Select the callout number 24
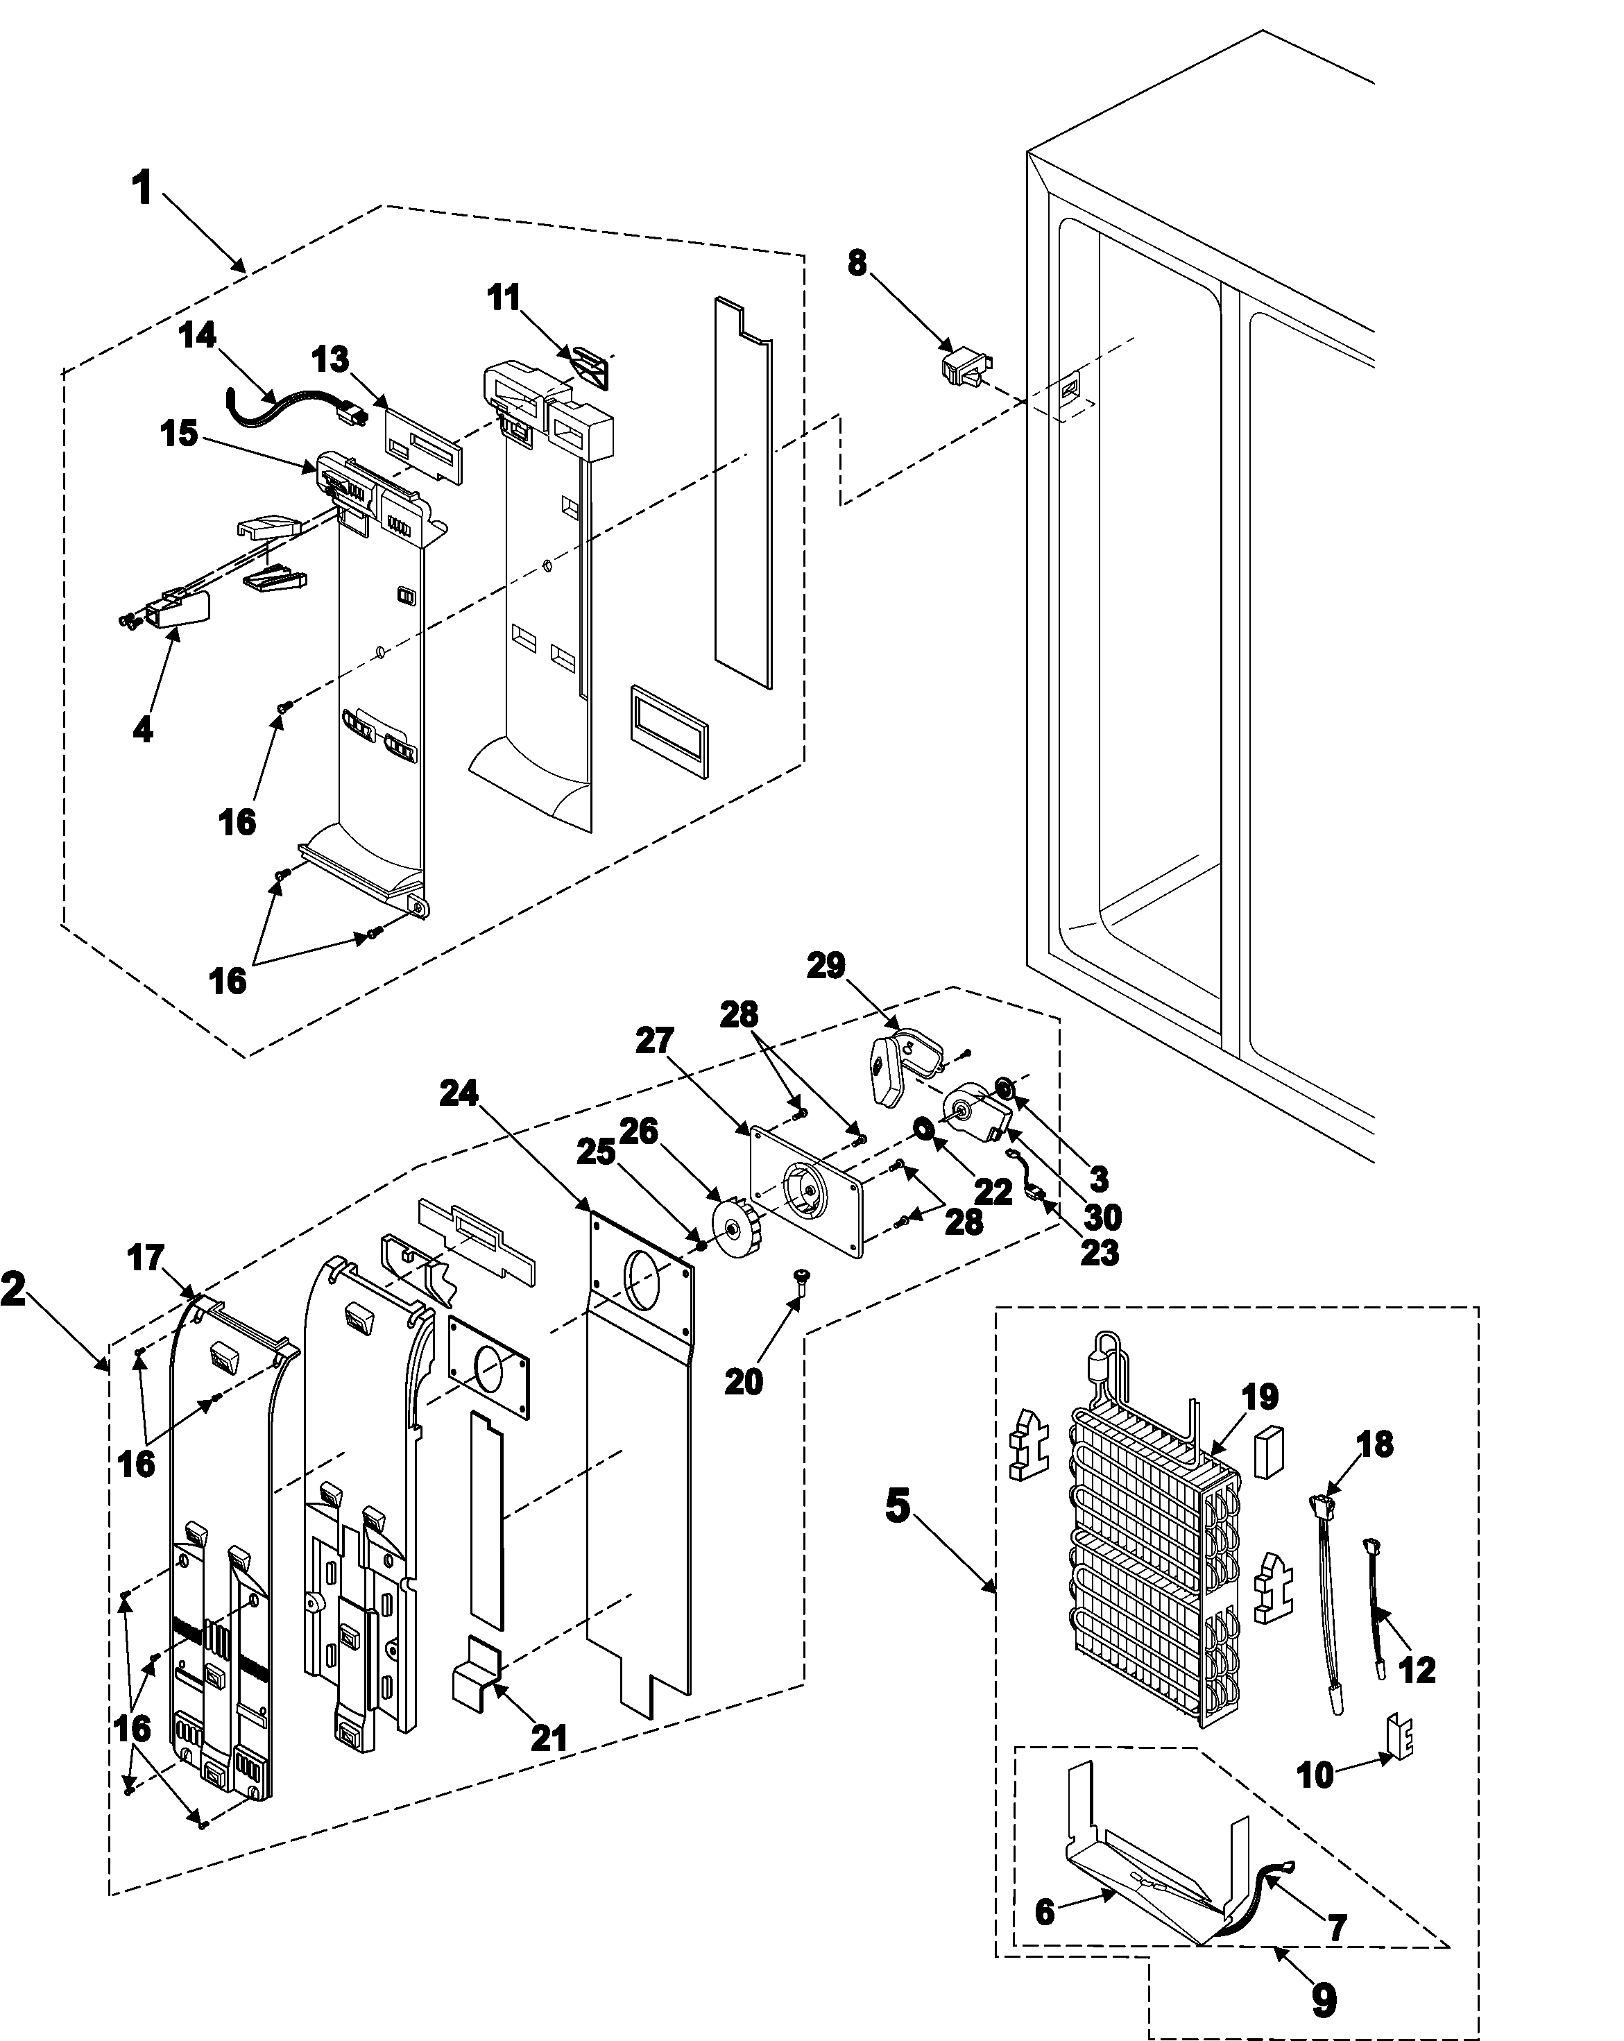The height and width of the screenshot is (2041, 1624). tap(460, 1093)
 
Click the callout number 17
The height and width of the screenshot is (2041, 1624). tap(146, 1258)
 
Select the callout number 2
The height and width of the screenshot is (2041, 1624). tap(14, 1290)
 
